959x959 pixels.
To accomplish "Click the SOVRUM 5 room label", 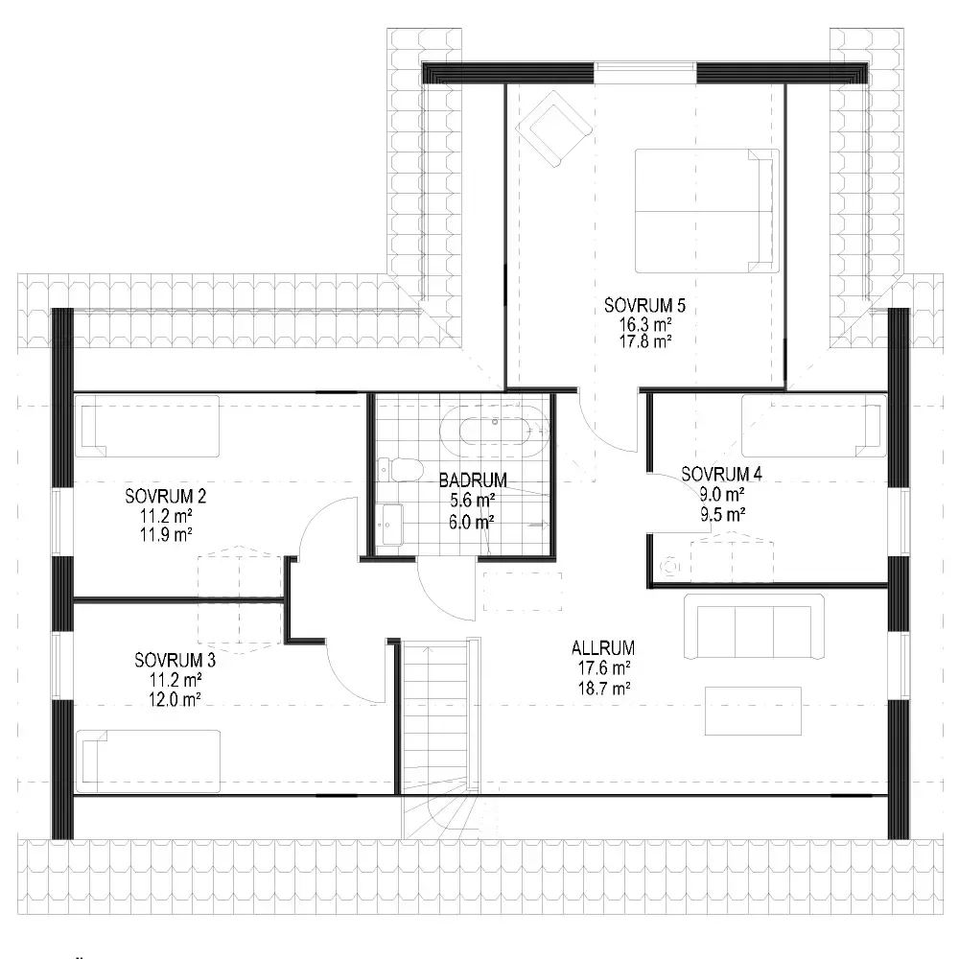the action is click(x=644, y=305).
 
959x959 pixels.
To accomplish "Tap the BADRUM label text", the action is click(x=473, y=480).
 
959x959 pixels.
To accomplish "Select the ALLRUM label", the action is click(x=603, y=647).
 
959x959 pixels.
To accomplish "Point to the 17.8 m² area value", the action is click(x=645, y=341).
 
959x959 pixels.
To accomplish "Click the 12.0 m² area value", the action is click(x=175, y=699).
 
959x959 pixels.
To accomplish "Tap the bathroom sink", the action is click(x=390, y=525).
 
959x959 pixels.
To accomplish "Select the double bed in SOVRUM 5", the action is click(x=707, y=211).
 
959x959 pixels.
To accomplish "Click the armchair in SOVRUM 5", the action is click(x=554, y=129).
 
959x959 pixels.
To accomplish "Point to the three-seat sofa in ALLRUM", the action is click(x=754, y=627).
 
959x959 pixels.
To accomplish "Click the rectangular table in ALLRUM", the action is click(x=753, y=711).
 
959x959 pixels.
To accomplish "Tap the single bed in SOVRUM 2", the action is click(x=147, y=427).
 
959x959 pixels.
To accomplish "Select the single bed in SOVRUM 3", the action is click(x=148, y=760).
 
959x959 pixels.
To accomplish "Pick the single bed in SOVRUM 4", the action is click(x=814, y=426).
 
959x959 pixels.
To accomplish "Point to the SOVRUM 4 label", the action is click(x=722, y=474).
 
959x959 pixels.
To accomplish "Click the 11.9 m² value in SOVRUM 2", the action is click(x=166, y=534).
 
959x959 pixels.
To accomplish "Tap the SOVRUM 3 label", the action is click(x=175, y=661).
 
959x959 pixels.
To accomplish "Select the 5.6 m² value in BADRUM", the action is click(x=472, y=501).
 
